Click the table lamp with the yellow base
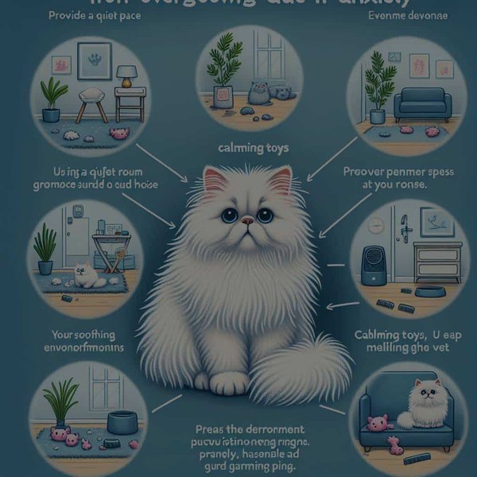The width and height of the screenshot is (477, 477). point(126,76)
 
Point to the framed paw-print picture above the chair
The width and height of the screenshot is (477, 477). point(95,60)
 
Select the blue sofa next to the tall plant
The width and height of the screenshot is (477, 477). point(422,103)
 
